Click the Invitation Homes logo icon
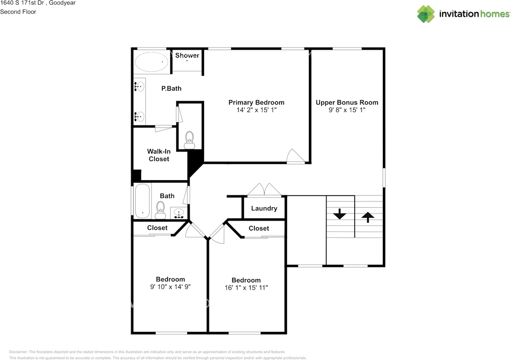[x=426, y=14]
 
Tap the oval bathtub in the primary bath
[x=151, y=62]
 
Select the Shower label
[x=187, y=55]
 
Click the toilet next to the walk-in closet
[x=189, y=140]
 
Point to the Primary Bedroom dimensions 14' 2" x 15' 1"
[x=256, y=110]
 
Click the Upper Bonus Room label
[x=347, y=103]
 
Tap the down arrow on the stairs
[x=340, y=214]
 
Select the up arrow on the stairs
[x=368, y=217]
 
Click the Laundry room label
[x=264, y=208]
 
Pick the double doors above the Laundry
[x=264, y=189]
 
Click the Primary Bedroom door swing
[x=296, y=156]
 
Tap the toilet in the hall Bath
[x=160, y=210]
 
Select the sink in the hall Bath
[x=179, y=213]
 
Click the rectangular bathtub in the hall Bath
[x=143, y=201]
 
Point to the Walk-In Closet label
[x=159, y=155]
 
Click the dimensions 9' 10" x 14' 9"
[x=170, y=287]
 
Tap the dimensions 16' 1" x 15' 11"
[x=246, y=288]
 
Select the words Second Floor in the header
[x=18, y=12]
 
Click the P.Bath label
[x=171, y=88]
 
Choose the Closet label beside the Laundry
[x=259, y=228]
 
